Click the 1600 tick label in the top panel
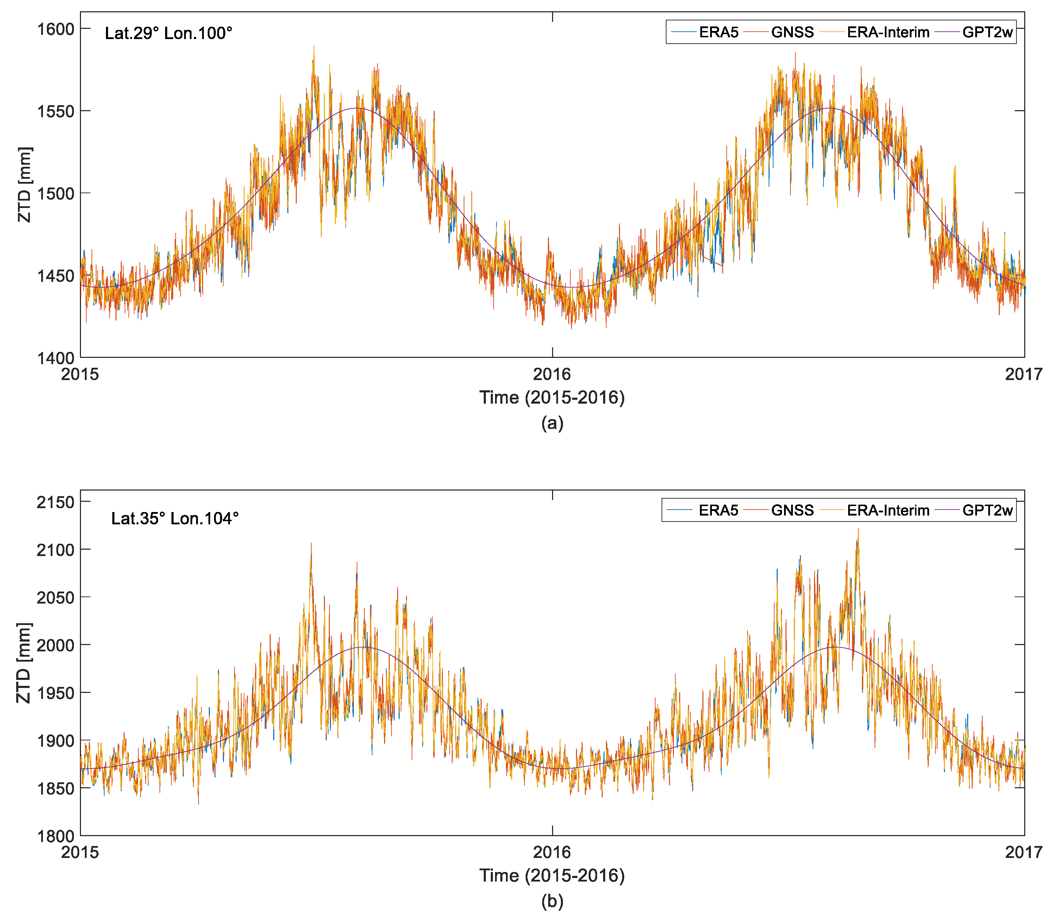56,29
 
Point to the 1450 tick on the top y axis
56,276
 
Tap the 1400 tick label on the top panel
56,359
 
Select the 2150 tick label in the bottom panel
56,502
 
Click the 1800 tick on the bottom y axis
56,836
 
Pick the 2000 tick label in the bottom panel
56,645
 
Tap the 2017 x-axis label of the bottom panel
1023,853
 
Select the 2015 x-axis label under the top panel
80,374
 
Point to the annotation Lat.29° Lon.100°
168,33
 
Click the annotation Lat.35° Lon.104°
175,519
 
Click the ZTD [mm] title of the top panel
24,185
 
